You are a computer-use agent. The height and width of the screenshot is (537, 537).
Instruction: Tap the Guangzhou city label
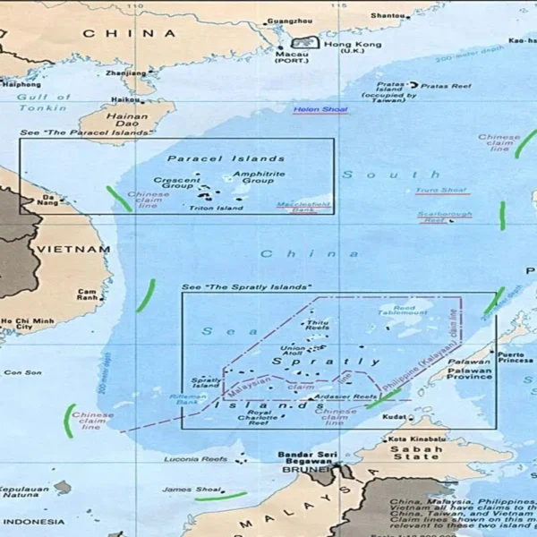[290, 21]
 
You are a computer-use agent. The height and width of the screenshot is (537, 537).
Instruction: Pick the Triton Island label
[216, 209]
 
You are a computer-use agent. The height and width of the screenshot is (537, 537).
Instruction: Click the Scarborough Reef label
[447, 216]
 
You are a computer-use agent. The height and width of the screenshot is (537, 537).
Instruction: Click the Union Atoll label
[292, 350]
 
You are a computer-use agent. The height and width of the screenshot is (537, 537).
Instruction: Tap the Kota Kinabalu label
[416, 438]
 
